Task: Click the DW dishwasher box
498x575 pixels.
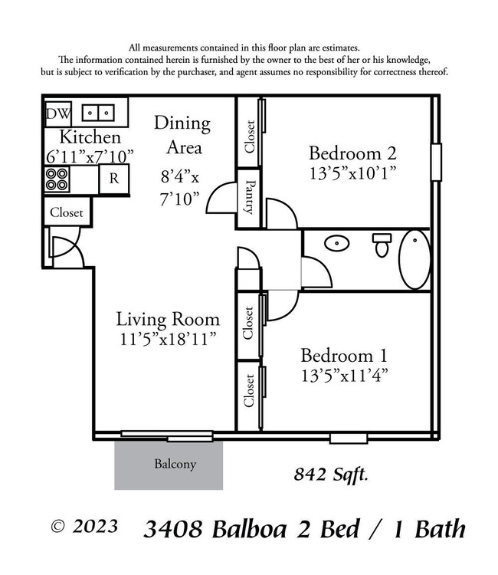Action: coord(58,114)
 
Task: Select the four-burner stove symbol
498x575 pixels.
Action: coord(57,179)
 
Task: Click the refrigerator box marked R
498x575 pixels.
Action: coord(113,179)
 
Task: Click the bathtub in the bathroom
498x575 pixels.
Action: coord(414,259)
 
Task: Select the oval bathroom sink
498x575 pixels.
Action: coord(336,245)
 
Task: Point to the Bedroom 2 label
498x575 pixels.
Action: coord(352,150)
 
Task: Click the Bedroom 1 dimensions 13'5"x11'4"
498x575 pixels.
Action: coord(344,376)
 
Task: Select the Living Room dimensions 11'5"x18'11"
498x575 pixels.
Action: coord(168,337)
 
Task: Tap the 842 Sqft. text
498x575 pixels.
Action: coord(331,475)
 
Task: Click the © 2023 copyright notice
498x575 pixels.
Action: coord(84,527)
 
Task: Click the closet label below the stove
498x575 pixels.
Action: coord(67,212)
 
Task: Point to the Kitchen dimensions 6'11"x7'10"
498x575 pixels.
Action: coord(90,155)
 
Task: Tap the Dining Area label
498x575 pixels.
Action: coord(182,134)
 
